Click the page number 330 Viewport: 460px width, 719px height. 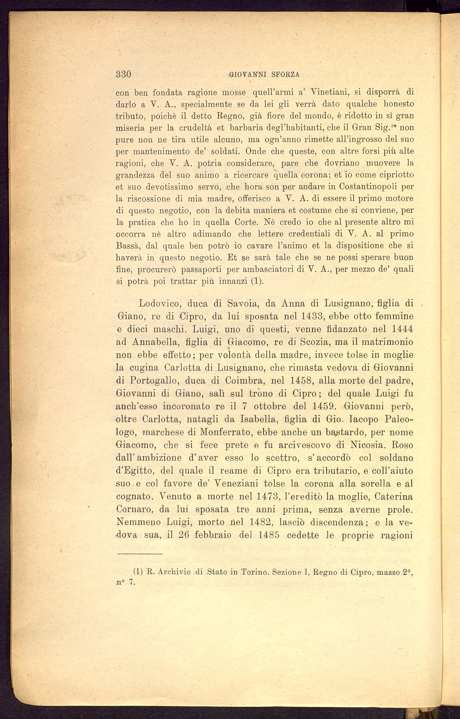click(124, 74)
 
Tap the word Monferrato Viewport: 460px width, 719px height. click(224, 432)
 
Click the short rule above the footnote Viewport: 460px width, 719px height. click(140, 554)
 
